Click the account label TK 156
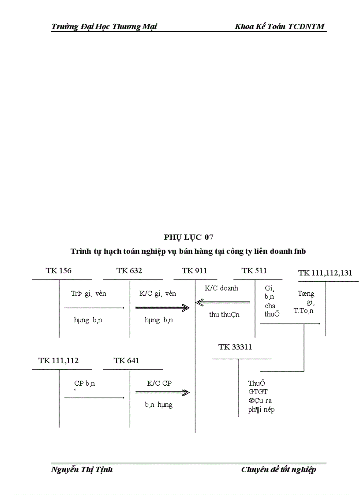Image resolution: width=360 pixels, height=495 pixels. (x=58, y=271)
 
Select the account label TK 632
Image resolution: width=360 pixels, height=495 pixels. (x=129, y=271)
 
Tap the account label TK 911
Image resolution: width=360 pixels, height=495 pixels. (x=194, y=271)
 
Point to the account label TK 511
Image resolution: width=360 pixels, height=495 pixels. (x=254, y=271)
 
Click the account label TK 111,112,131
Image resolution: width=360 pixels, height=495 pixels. (x=325, y=273)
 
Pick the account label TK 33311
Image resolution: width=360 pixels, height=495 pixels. (x=235, y=347)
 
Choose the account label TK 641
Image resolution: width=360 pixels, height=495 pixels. (x=126, y=361)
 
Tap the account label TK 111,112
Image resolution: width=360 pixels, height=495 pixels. (x=58, y=361)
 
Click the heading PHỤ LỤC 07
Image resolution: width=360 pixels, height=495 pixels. (x=189, y=238)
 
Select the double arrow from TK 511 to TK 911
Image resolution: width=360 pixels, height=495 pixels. (x=222, y=302)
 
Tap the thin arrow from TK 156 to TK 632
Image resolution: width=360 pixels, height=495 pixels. (x=94, y=308)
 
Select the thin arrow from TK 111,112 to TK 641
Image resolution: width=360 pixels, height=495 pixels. (x=94, y=398)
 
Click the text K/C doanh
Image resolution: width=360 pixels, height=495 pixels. (x=221, y=288)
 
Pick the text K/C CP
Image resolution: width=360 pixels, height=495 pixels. (x=159, y=383)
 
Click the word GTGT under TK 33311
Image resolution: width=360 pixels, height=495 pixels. (x=258, y=391)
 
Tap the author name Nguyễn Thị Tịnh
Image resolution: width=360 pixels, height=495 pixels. (x=82, y=469)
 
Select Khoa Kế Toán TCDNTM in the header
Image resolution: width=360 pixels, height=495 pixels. (x=280, y=26)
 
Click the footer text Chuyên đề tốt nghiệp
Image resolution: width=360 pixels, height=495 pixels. (x=278, y=469)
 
